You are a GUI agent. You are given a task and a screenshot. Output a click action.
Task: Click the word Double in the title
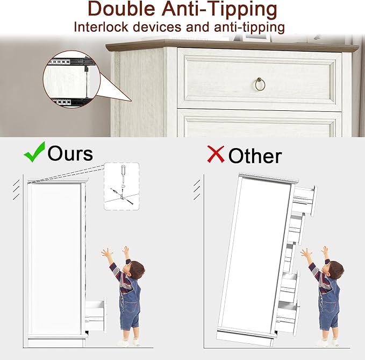121,9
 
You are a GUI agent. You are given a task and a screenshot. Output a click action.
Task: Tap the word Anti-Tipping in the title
219,10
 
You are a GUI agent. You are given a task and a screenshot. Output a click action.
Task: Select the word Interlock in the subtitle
101,27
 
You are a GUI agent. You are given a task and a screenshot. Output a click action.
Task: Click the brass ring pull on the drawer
260,84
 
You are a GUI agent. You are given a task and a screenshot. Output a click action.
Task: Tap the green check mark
34,152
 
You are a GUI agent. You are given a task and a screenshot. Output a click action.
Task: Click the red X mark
216,154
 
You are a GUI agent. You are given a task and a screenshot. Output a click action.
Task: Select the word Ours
70,153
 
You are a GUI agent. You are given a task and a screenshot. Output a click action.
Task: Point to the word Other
255,156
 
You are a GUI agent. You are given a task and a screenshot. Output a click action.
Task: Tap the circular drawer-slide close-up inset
71,81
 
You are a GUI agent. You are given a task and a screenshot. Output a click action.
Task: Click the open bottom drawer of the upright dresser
96,314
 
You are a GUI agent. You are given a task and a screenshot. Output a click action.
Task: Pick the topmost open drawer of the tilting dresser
304,200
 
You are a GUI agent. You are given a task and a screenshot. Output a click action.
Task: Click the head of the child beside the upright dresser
135,270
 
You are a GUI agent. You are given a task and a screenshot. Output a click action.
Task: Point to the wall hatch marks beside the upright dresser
16,189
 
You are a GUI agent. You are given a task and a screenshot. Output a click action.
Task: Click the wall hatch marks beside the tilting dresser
197,189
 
